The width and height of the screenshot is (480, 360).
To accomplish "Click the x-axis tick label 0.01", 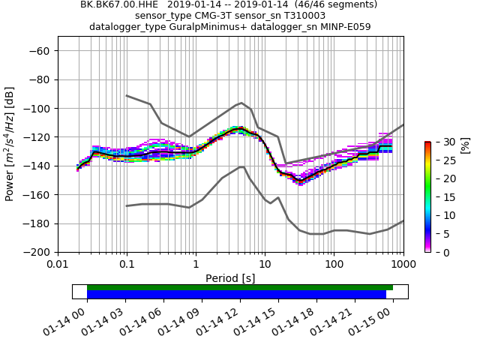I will [x=58, y=265].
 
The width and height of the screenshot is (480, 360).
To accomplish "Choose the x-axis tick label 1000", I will [x=403, y=265].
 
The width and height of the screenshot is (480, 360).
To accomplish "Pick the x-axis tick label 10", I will [x=265, y=265].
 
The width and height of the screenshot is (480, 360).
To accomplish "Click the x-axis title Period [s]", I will [x=230, y=278].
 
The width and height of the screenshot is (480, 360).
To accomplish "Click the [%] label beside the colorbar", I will [x=465, y=145].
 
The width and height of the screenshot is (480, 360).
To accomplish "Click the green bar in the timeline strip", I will [x=240, y=287].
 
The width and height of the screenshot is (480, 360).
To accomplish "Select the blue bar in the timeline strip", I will [x=236, y=295].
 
